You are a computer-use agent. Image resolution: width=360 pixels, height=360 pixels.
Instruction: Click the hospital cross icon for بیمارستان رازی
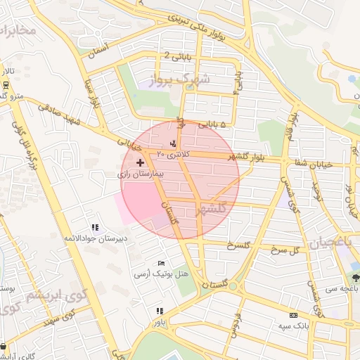click(x=139, y=162)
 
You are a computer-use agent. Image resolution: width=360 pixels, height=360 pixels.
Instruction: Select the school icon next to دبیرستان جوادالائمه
click(x=95, y=227)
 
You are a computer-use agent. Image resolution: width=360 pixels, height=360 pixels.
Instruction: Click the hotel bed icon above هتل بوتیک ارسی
click(x=162, y=263)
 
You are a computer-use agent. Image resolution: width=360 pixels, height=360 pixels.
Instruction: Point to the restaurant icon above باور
click(x=160, y=311)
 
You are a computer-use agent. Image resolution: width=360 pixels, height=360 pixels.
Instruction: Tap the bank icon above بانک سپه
click(x=293, y=314)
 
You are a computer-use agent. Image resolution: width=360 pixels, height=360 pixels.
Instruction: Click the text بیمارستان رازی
click(x=140, y=173)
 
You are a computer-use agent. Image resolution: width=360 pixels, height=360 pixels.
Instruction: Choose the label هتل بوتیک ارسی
click(x=157, y=274)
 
